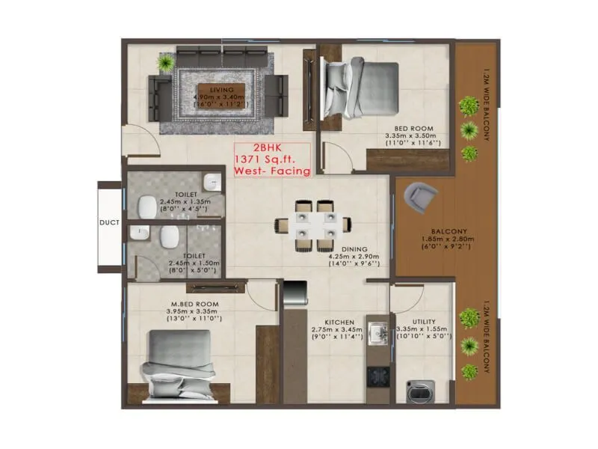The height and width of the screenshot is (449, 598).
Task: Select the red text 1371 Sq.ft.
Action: (268, 159)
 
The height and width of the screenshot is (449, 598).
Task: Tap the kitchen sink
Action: (377, 332)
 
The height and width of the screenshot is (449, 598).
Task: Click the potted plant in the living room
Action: (165, 63)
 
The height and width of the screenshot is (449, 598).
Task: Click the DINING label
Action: (355, 248)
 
